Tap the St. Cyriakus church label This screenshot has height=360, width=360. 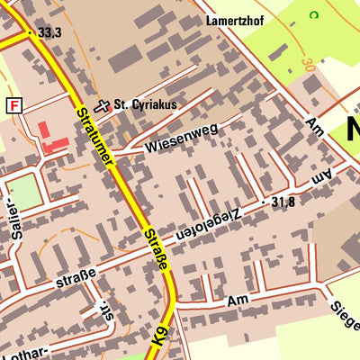coord(145,104)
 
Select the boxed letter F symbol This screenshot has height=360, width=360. coord(13,105)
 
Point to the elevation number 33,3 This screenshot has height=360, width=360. coord(49,32)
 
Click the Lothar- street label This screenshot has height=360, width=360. coord(27,349)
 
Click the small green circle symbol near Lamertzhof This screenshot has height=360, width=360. coord(313,14)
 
